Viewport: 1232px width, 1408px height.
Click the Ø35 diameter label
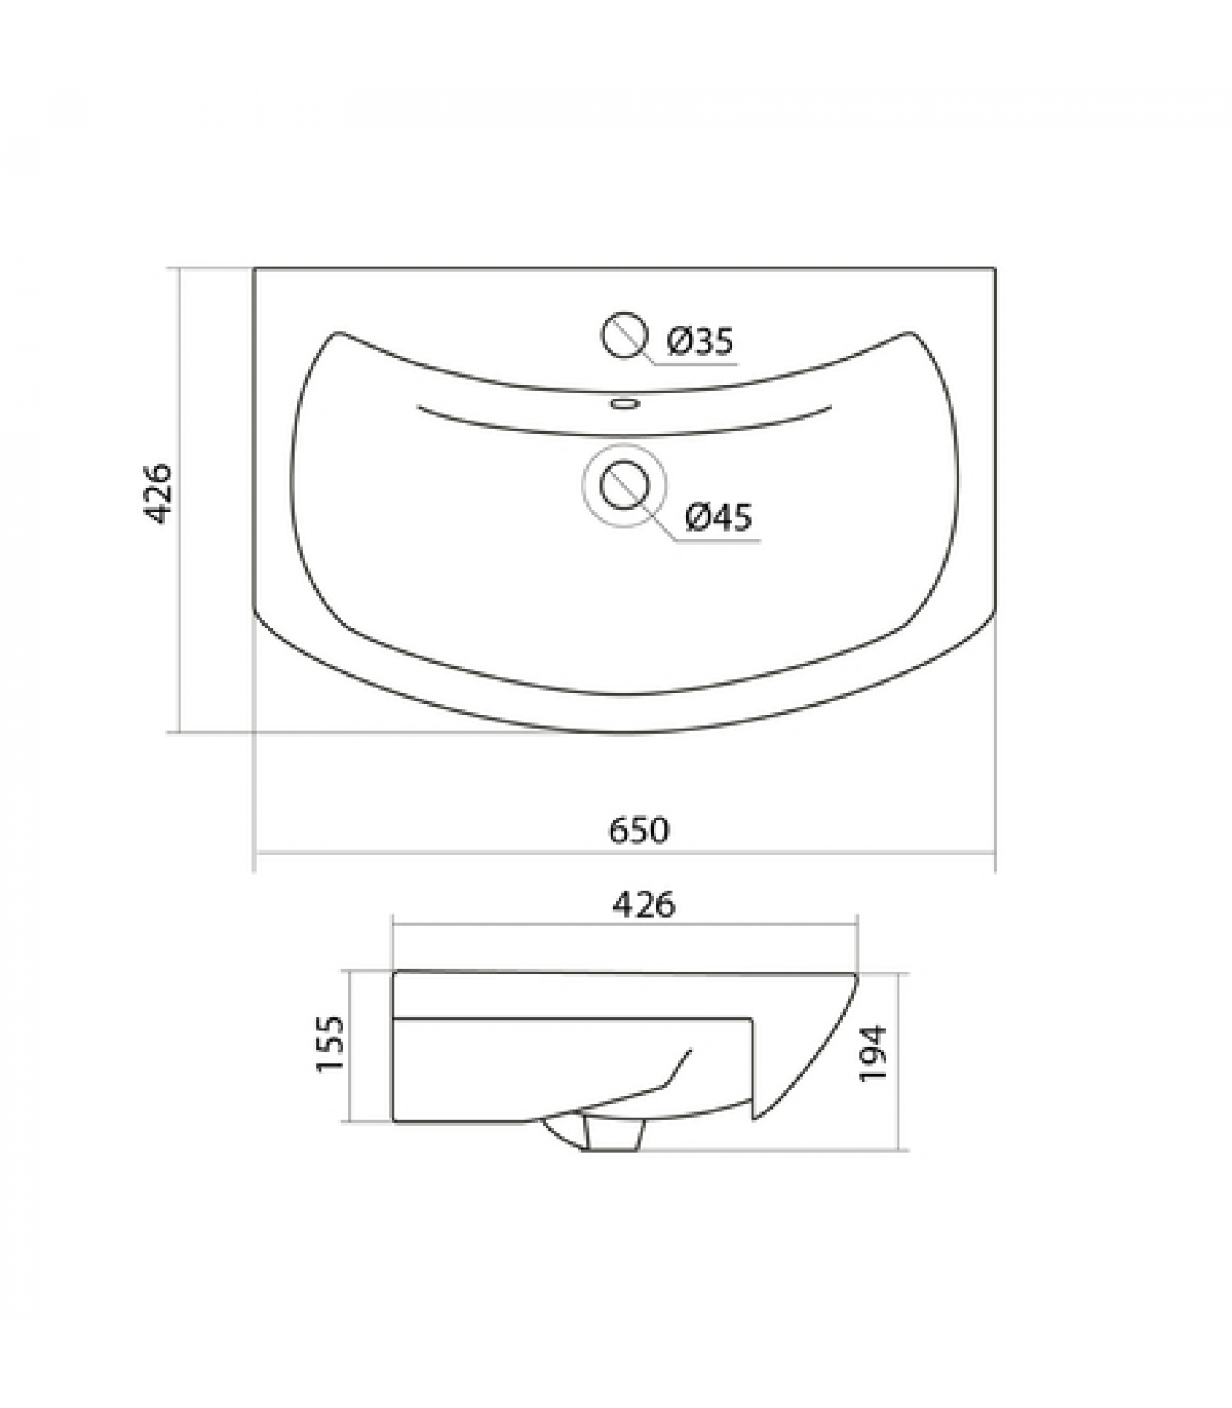coord(700,341)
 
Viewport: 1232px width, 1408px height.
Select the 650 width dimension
coord(639,830)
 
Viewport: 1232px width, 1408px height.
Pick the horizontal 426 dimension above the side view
coord(644,904)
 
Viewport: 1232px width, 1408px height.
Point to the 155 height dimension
coord(330,1045)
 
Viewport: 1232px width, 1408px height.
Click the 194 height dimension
coord(874,1053)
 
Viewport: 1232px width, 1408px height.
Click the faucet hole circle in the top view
coord(624,334)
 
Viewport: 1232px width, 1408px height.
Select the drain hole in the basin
coord(624,485)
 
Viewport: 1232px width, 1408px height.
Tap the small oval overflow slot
coord(624,404)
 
